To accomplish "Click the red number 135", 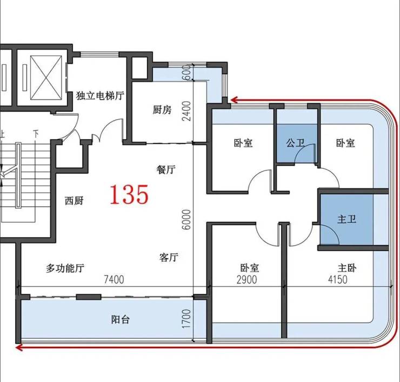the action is click(x=129, y=194).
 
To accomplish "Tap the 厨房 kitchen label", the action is click(x=162, y=110).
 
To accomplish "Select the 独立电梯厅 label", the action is click(x=100, y=96).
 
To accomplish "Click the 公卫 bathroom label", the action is click(x=295, y=143).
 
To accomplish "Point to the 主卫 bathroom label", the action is click(x=346, y=219).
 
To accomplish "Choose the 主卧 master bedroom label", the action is click(x=347, y=268).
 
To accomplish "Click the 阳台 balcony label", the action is click(x=121, y=319).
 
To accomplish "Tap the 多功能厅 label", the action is click(x=65, y=268).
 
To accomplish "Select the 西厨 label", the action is click(x=74, y=201).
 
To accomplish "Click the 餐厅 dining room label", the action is click(x=166, y=169).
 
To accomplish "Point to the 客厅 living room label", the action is click(x=169, y=257).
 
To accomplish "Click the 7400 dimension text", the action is click(x=114, y=280).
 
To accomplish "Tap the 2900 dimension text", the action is click(x=246, y=280).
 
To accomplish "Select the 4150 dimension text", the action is click(x=337, y=280).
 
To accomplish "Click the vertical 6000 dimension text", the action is click(x=186, y=220).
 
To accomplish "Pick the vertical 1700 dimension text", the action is click(x=186, y=319).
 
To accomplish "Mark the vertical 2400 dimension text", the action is click(x=186, y=111).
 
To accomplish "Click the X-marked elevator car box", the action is click(x=46, y=77).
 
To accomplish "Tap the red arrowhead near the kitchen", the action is click(x=234, y=100).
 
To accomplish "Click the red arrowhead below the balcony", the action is click(x=19, y=347).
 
